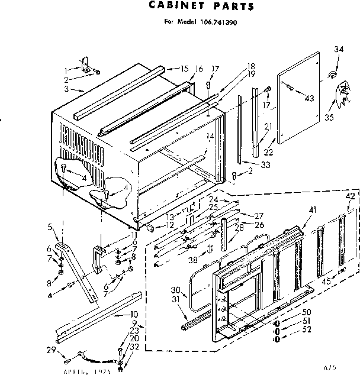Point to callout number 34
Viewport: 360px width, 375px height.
(x=338, y=49)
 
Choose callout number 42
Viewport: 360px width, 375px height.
(x=351, y=196)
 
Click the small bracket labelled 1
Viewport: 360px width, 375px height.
(x=85, y=63)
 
